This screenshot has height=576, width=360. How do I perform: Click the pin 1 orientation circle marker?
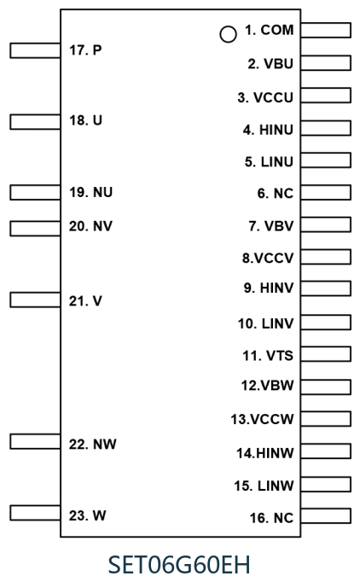[228, 34]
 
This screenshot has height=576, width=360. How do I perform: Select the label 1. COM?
[270, 30]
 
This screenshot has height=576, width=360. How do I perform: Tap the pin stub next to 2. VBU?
[326, 63]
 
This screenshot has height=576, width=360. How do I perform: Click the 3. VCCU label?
[265, 98]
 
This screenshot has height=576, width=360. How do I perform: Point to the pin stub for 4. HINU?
[326, 128]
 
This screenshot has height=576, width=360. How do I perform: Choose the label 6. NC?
[276, 194]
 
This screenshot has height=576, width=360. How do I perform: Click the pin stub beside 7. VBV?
[326, 224]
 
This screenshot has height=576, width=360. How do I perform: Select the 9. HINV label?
[269, 288]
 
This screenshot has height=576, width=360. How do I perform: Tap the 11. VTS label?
[268, 356]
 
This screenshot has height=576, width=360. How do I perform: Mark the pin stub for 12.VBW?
[326, 387]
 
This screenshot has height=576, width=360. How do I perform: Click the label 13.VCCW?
[262, 419]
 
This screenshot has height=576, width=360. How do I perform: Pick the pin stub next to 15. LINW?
[326, 484]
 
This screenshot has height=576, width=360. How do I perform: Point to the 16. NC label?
[271, 518]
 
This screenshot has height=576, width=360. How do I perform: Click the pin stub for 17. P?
[35, 50]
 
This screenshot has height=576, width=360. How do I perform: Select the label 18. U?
[85, 120]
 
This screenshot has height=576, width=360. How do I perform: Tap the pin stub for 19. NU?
[35, 193]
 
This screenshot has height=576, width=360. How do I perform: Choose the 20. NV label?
[90, 226]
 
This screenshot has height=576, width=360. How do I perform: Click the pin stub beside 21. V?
[35, 300]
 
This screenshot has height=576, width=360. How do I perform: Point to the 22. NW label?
[93, 445]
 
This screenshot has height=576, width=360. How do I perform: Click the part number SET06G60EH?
[180, 564]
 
